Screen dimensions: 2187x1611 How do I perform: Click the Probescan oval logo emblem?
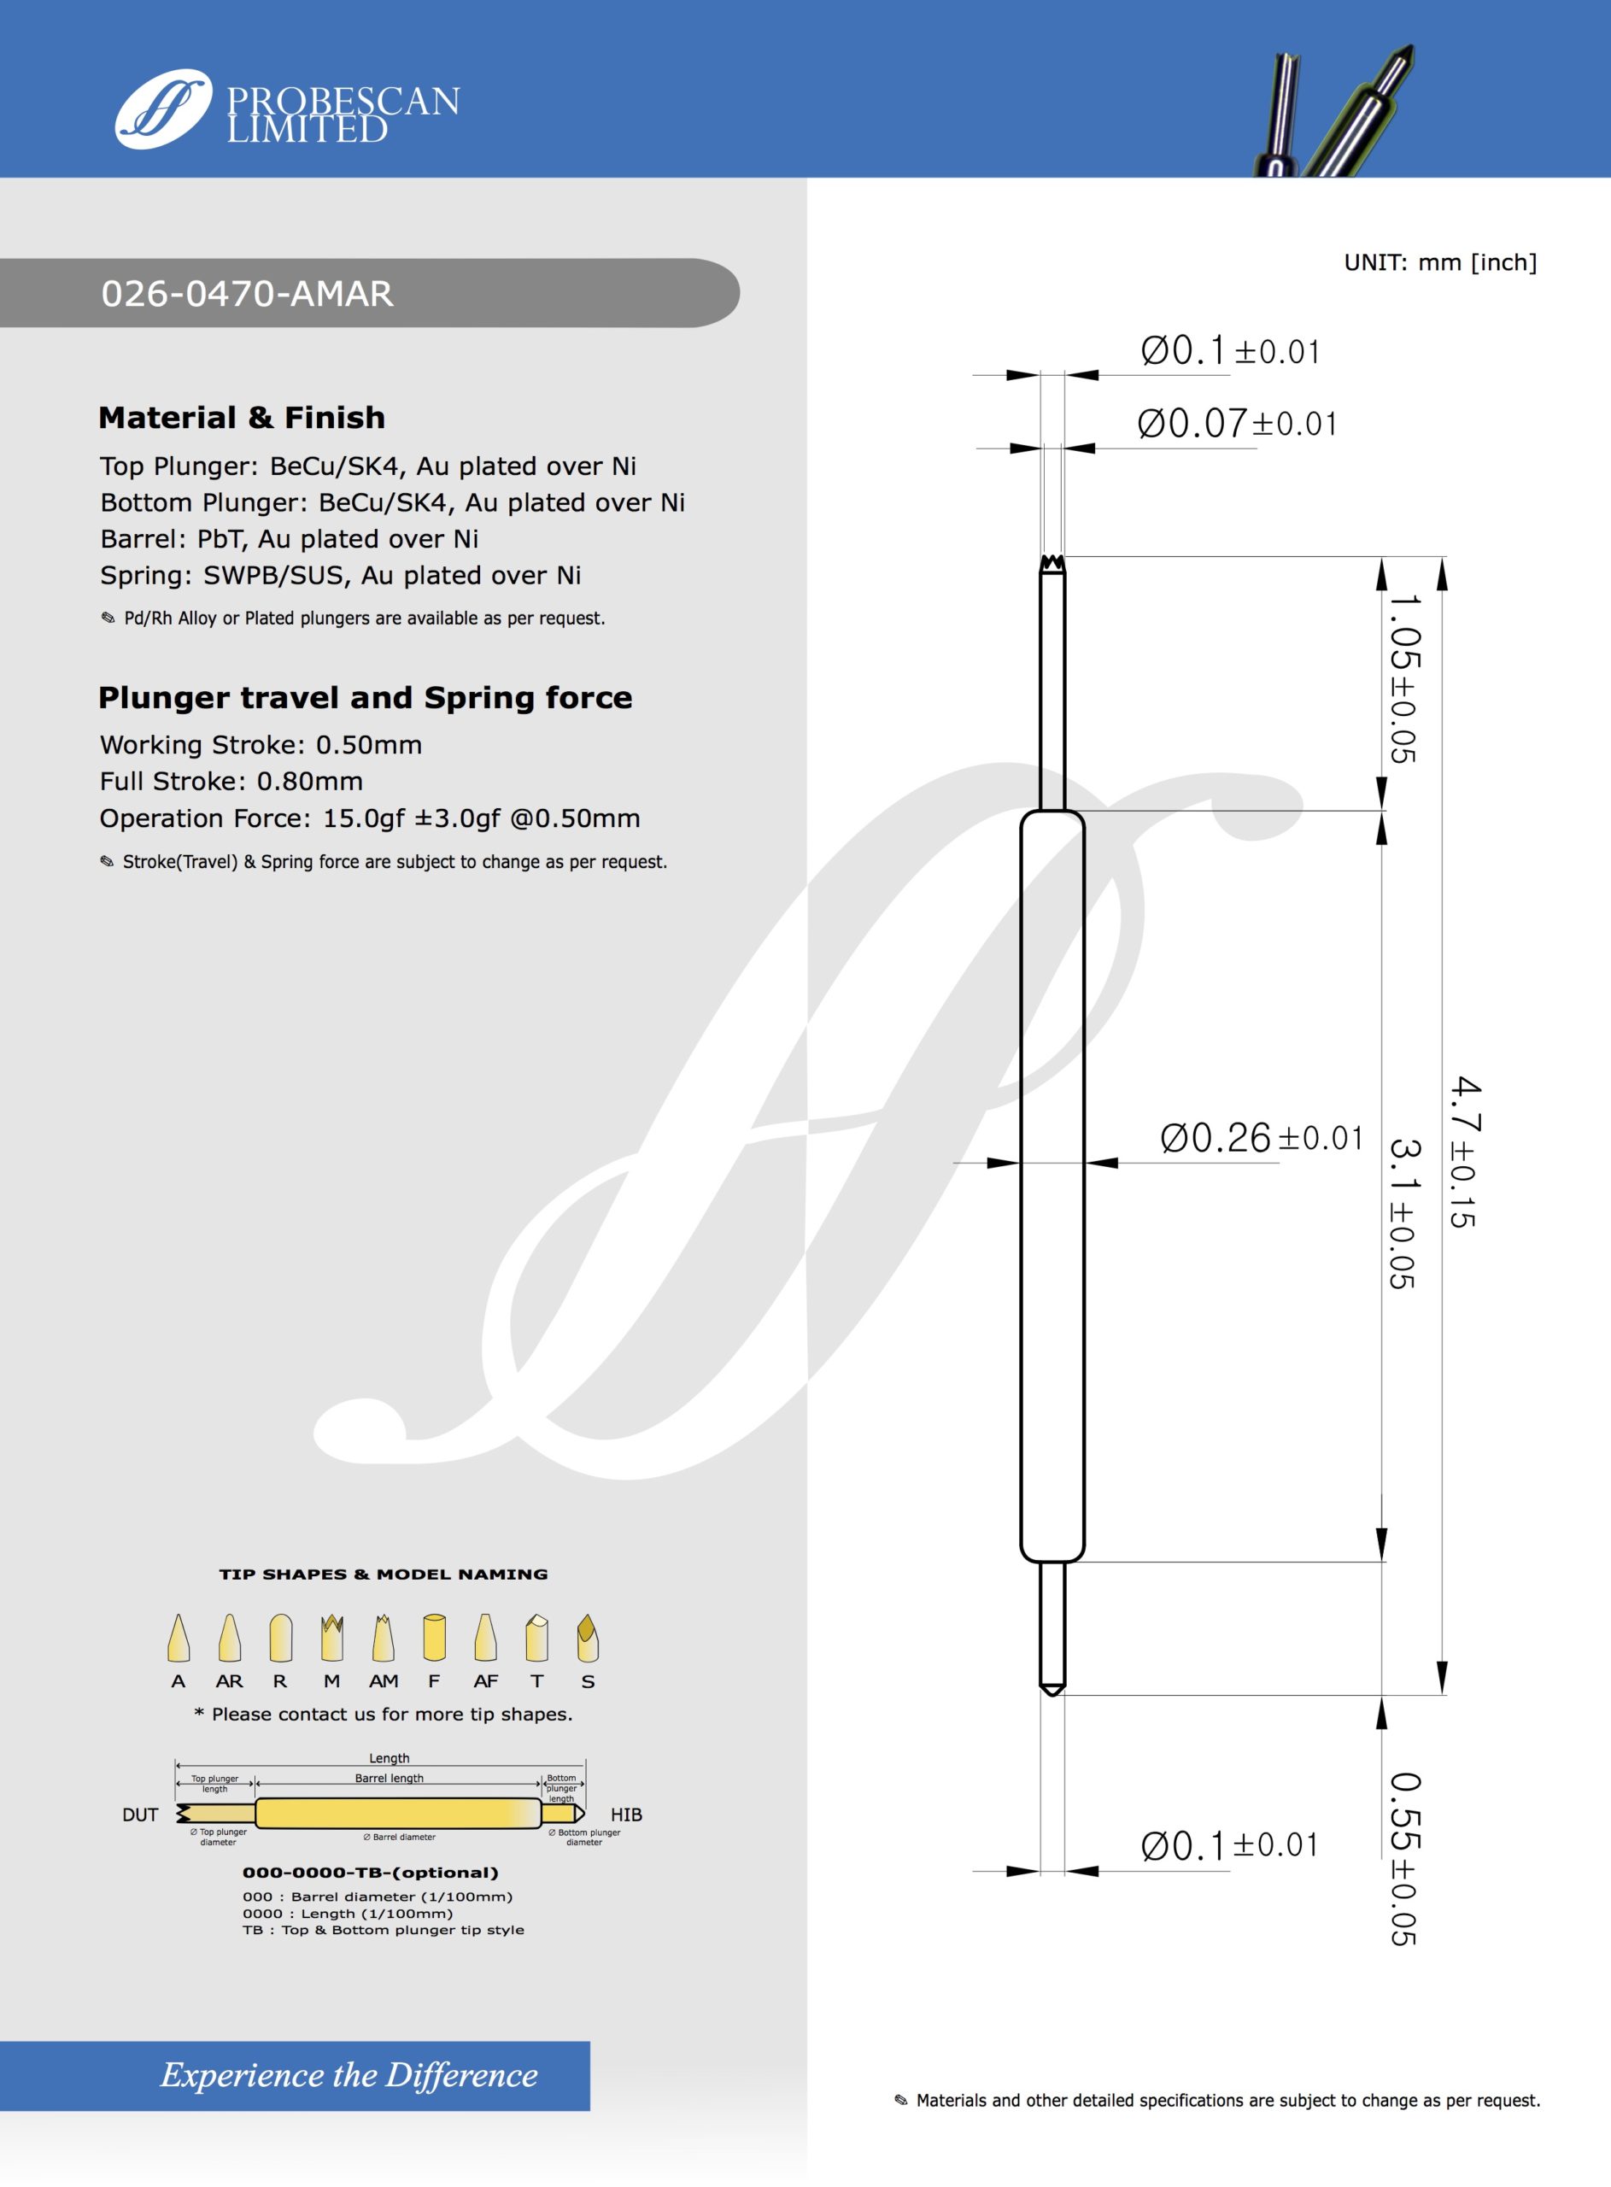click(163, 109)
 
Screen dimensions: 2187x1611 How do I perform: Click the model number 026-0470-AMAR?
click(247, 294)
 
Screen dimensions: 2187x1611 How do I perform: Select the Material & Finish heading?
click(242, 417)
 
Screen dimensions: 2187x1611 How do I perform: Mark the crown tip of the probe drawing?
click(1052, 564)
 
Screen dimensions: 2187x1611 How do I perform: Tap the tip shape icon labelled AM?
click(384, 1638)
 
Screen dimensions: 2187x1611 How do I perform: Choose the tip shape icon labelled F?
click(434, 1638)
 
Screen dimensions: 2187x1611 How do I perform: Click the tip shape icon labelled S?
click(587, 1638)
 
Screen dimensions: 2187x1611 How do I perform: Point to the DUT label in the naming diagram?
click(140, 1815)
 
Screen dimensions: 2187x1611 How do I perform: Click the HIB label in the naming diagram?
click(626, 1815)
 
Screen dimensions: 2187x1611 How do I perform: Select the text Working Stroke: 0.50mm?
click(261, 745)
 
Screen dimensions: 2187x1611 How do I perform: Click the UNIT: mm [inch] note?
click(1439, 262)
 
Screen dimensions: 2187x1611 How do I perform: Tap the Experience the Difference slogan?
click(349, 2075)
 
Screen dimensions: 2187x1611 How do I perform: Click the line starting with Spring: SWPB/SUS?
click(340, 575)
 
